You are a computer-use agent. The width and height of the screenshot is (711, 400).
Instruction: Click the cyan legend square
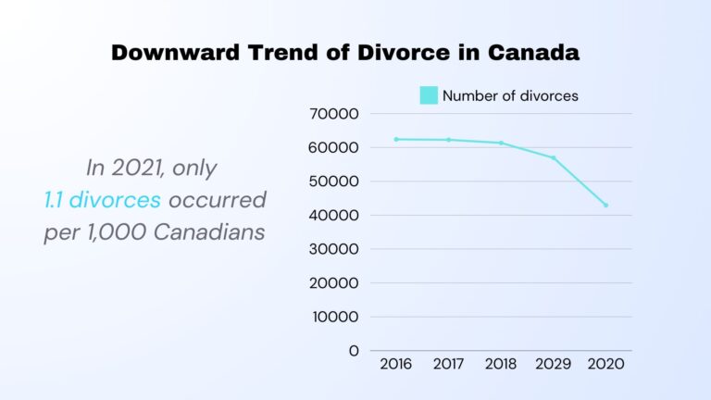pos(429,95)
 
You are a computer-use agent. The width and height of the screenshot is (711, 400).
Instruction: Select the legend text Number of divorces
pos(510,95)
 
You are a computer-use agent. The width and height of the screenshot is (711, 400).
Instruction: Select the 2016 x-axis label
pos(396,364)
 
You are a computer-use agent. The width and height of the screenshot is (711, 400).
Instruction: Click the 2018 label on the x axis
pos(501,364)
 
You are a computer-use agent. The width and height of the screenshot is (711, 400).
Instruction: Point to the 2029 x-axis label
pos(554,364)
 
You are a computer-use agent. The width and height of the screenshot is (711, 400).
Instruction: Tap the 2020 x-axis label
pos(606,364)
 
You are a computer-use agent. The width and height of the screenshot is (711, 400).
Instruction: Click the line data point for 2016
pos(396,139)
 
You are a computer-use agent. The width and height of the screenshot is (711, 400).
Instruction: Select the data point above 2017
pos(449,140)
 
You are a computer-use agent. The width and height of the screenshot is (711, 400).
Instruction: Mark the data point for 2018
pos(501,143)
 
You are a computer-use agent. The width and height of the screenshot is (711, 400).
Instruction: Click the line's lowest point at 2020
pos(606,205)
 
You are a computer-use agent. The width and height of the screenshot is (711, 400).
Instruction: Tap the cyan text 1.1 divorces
pos(102,199)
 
